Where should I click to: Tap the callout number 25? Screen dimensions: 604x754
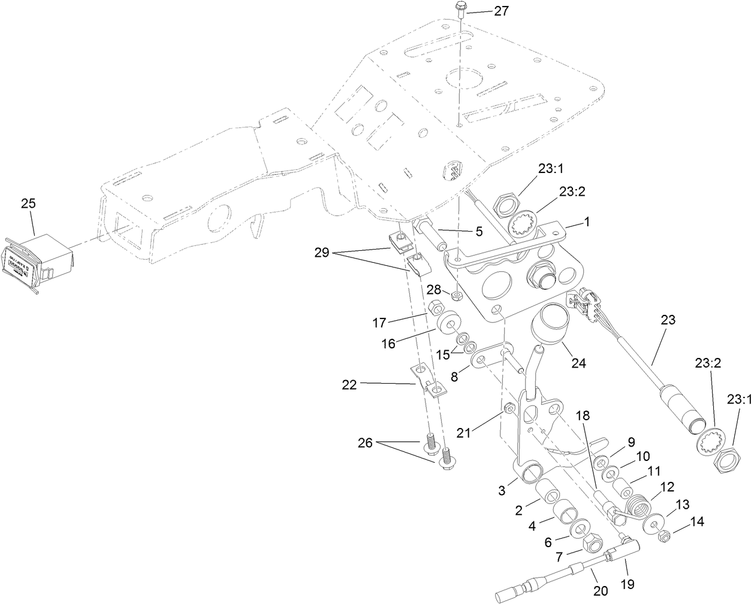(x=28, y=204)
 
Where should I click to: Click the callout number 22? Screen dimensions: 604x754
(x=349, y=386)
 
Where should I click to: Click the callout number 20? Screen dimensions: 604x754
(x=601, y=591)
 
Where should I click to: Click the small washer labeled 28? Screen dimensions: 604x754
(x=457, y=296)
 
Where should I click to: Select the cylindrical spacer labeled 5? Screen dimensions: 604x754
(x=432, y=236)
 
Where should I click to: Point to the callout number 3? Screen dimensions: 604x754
(x=502, y=490)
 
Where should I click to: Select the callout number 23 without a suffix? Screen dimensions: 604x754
(x=668, y=320)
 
